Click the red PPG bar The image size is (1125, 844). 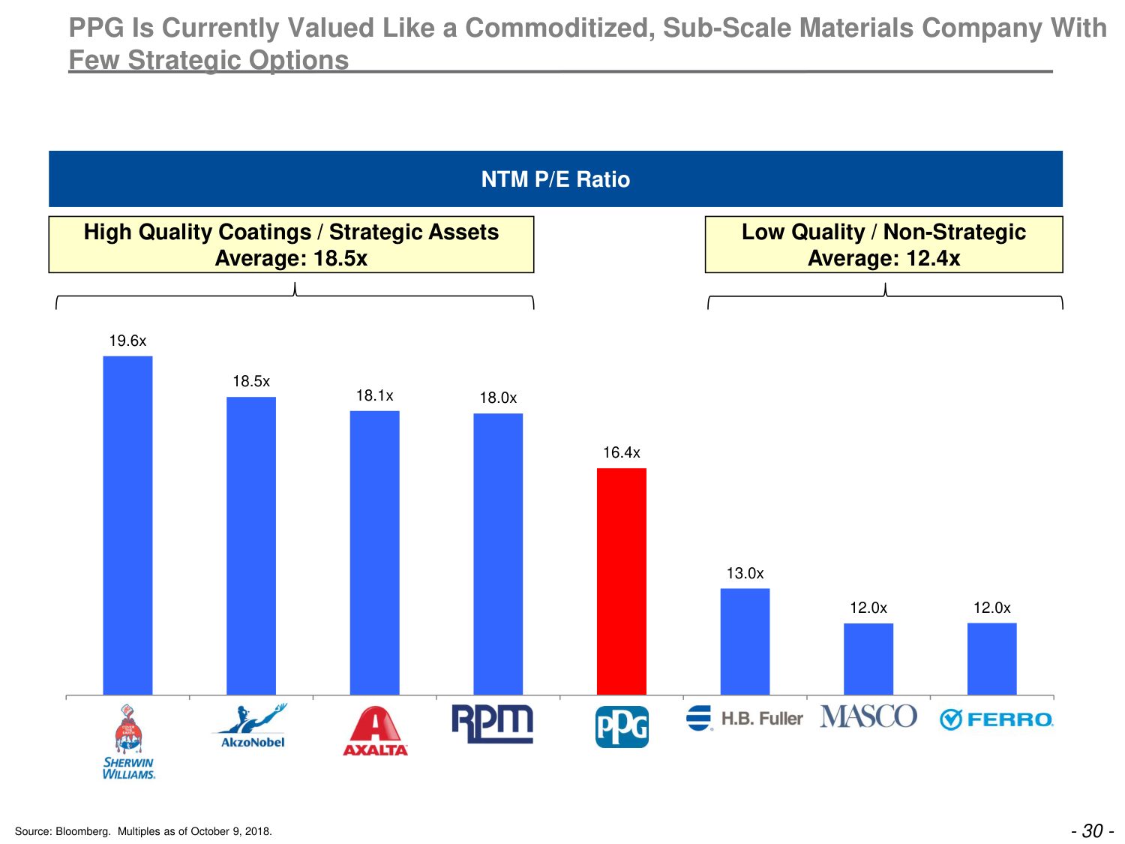621,581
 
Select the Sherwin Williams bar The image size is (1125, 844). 127,525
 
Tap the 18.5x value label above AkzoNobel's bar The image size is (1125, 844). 251,381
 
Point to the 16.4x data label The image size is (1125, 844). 622,452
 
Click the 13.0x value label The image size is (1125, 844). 745,573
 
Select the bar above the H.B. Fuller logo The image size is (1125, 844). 745,641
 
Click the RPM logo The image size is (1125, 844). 492,723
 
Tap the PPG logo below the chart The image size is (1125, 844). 622,727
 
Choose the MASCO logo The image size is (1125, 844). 868,716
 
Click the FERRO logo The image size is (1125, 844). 996,719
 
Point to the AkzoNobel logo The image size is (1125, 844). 251,726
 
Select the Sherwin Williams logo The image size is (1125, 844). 128,742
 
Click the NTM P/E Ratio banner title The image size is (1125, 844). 556,179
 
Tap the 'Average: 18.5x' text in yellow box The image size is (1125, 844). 291,259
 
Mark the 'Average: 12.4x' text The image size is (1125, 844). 883,259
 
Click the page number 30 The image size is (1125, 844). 1093,830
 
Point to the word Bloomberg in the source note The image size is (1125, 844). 83,831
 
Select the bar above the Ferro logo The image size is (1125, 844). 991,659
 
